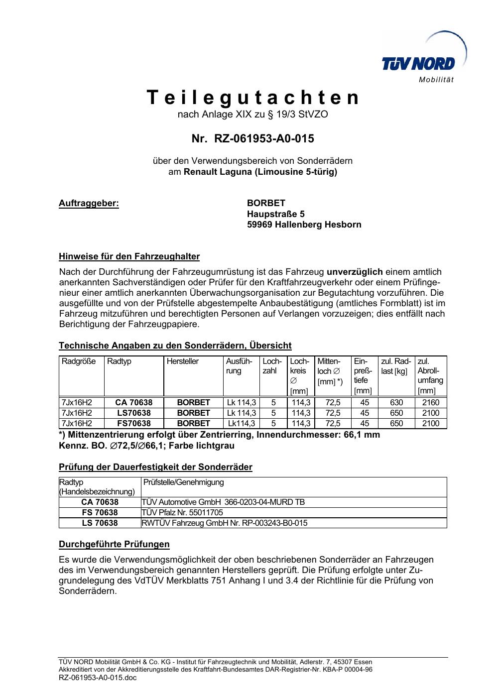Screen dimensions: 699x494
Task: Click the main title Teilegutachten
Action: tap(252, 98)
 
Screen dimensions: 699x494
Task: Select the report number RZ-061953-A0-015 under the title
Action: tap(264, 138)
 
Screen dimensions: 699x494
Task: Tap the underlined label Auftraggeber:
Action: tap(89, 203)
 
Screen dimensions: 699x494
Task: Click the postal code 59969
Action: tap(259, 225)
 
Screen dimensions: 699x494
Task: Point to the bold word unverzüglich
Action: tap(355, 271)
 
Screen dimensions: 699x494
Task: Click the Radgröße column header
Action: tap(79, 361)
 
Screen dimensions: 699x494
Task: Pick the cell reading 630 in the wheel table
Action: tap(396, 402)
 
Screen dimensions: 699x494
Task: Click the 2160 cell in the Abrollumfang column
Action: tap(431, 402)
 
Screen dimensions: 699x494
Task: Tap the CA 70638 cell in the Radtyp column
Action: tap(133, 402)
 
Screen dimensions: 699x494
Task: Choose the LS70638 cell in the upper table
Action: tap(133, 413)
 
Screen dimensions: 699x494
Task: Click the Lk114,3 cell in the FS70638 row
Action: tap(242, 423)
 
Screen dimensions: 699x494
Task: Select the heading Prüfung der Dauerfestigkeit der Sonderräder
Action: tap(155, 467)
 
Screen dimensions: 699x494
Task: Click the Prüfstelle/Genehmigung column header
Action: tap(184, 482)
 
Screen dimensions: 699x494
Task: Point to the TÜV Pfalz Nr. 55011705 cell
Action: tap(182, 512)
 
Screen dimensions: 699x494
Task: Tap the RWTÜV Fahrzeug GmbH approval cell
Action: tap(225, 523)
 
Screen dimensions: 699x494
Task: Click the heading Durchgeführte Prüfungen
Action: tap(114, 544)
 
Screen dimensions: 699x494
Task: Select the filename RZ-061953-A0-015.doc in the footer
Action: tap(98, 678)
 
